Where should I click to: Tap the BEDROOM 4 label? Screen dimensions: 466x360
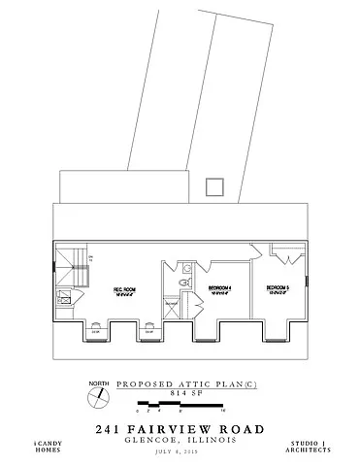[220, 289]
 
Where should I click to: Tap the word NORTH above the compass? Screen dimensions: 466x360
[99, 385]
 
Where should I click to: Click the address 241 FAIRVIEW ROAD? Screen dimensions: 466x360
[180, 428]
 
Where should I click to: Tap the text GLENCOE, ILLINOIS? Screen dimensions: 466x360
[180, 439]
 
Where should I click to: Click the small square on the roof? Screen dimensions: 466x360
[216, 186]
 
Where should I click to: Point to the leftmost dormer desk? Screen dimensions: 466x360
[94, 329]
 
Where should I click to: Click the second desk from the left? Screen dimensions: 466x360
[148, 329]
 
